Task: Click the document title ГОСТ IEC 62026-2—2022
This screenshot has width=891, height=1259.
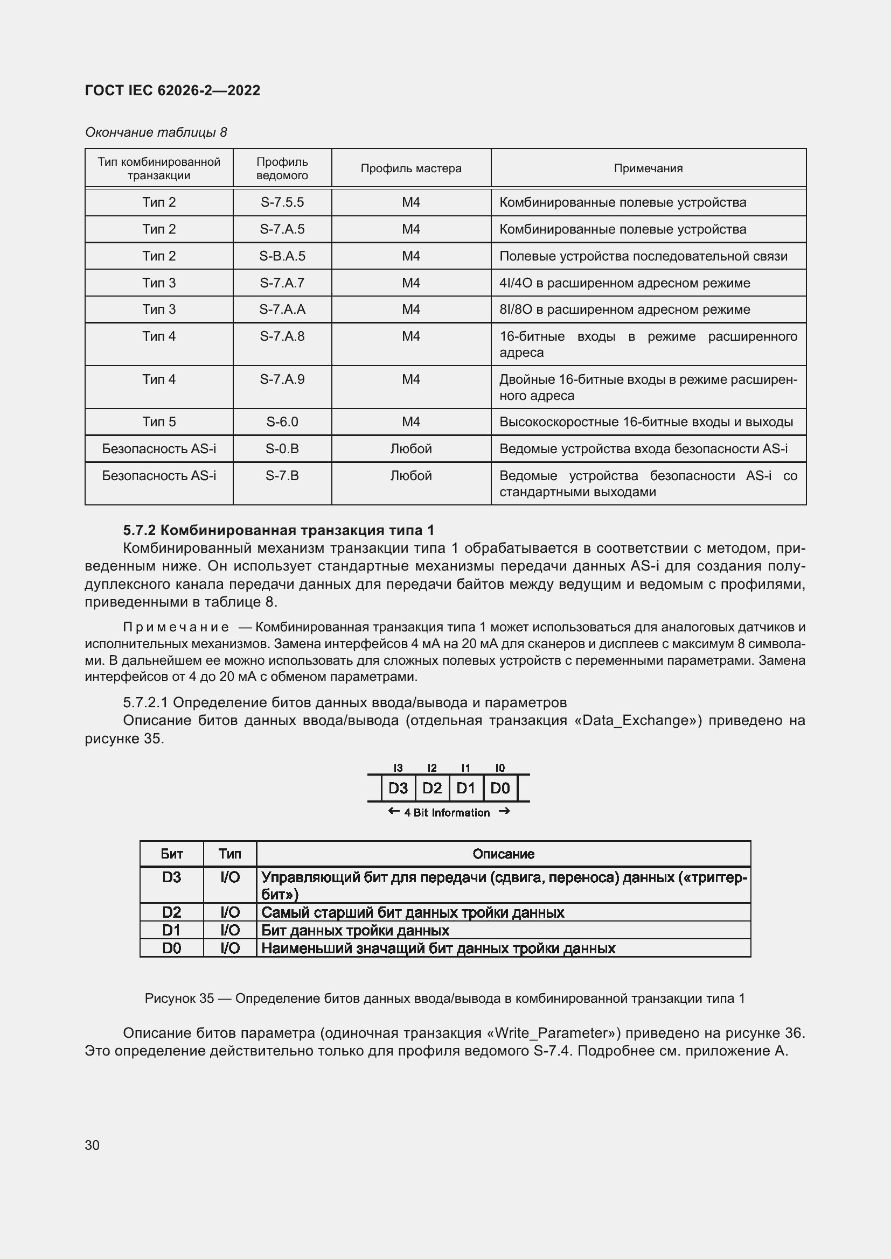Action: [x=172, y=90]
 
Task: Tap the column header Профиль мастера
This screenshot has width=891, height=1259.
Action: [x=411, y=168]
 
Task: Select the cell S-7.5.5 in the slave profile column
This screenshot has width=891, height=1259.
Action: [x=282, y=202]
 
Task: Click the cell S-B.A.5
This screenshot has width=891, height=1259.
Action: [x=282, y=256]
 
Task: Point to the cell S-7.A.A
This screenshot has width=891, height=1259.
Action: [x=282, y=310]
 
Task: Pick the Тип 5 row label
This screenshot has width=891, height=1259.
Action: [x=159, y=421]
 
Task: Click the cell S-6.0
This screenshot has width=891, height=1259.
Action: [x=282, y=421]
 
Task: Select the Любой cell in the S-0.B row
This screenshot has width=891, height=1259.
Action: [x=411, y=448]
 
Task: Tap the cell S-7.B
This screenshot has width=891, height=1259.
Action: [x=282, y=475]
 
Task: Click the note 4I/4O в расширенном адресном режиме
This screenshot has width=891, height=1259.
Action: [x=624, y=283]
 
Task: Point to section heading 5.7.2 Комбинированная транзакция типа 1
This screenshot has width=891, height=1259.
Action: [x=278, y=530]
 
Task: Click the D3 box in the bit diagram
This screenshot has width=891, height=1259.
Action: [x=398, y=788]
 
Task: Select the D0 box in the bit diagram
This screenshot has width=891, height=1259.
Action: [x=500, y=788]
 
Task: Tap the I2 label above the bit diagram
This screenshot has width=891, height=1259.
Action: [x=432, y=768]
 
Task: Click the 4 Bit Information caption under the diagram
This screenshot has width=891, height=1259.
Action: [x=447, y=813]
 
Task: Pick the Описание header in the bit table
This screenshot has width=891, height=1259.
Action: [x=503, y=854]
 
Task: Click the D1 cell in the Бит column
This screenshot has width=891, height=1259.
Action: [x=171, y=930]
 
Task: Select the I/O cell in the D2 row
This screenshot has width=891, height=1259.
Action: [x=230, y=912]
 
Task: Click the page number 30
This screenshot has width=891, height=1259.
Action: [x=92, y=1145]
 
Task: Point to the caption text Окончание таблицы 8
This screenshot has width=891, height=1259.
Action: [x=156, y=132]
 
